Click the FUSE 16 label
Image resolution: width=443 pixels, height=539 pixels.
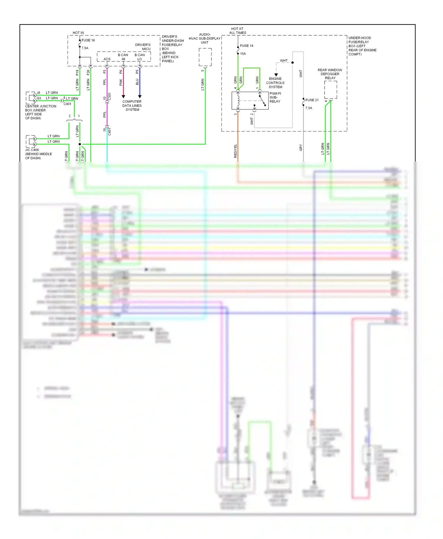pos(88,40)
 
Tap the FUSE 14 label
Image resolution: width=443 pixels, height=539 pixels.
pos(246,46)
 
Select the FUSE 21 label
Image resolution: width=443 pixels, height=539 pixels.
pos(312,100)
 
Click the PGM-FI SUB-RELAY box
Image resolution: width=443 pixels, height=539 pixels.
pos(250,101)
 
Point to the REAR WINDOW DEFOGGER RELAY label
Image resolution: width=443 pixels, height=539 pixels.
pos(330,74)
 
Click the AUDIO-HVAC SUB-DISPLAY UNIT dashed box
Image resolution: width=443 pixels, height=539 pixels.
pos(205,57)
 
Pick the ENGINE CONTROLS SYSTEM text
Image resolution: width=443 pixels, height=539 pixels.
pos(275,83)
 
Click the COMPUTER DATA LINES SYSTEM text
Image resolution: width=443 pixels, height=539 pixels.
pos(132,106)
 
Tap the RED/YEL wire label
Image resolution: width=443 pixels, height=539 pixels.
pos(235,151)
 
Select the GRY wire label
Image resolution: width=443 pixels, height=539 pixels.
pos(301,148)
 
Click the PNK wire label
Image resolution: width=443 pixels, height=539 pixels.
pos(121,82)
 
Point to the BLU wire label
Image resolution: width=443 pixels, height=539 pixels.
pos(137,82)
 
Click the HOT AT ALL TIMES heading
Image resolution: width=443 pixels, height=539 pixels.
pos(237,31)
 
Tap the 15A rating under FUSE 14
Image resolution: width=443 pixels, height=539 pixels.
pos(243,54)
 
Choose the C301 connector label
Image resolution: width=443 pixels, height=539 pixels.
pos(110,96)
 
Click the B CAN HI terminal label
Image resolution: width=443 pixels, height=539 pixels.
pos(123,57)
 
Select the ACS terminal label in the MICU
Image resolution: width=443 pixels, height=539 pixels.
pos(107,59)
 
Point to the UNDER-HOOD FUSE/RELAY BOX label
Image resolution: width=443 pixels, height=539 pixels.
pos(362,46)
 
